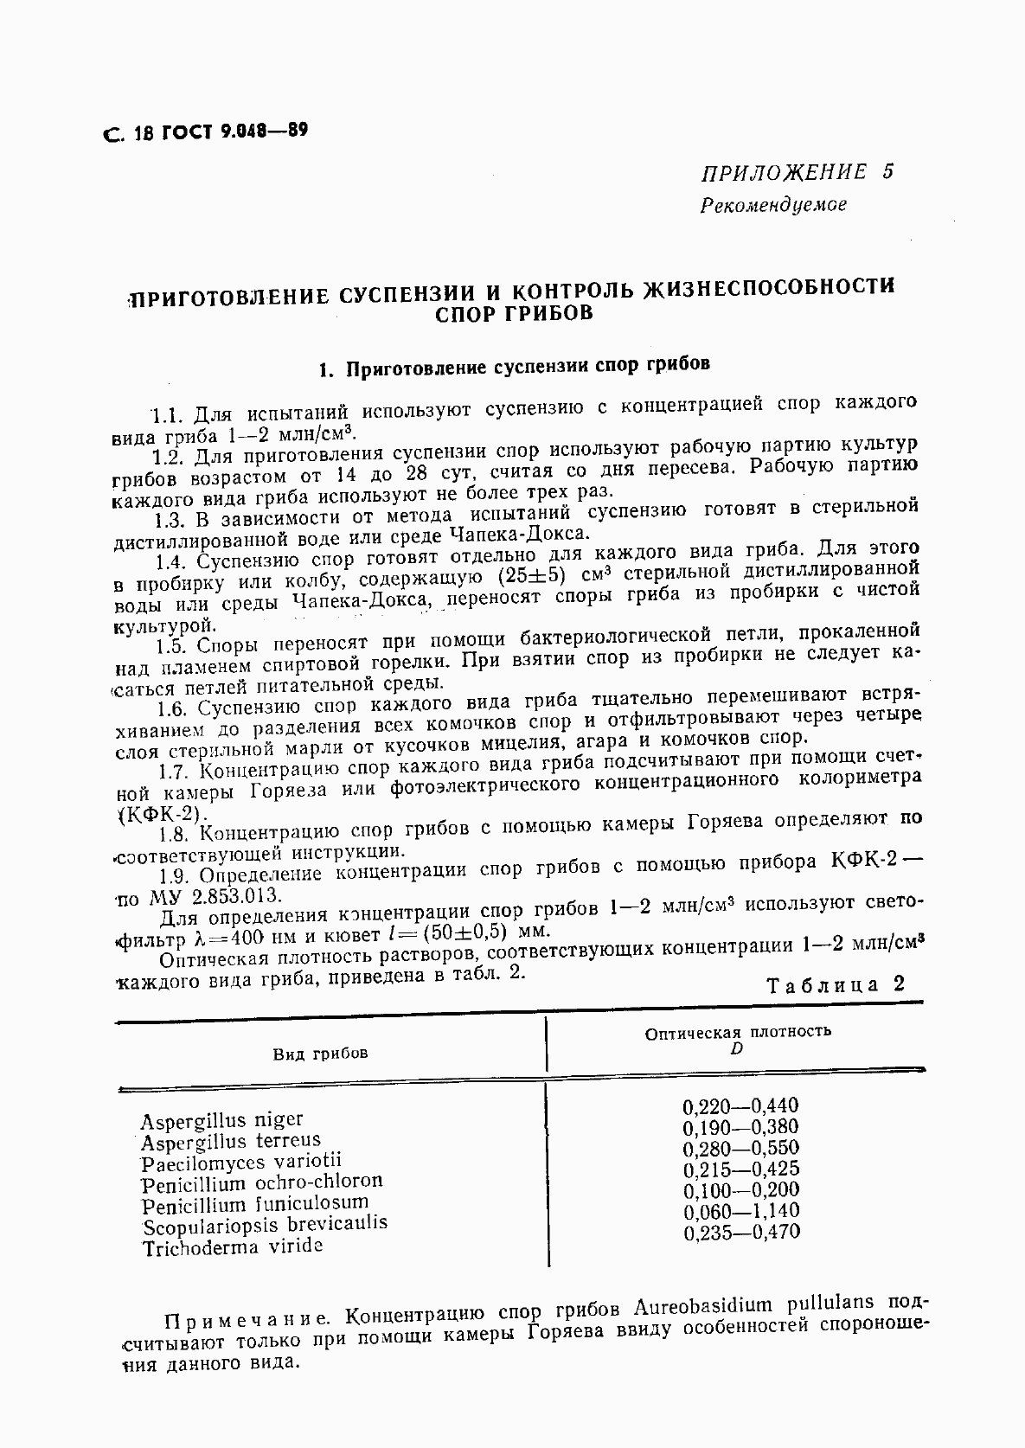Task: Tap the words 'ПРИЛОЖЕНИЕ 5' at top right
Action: [x=796, y=171]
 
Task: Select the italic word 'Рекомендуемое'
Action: [x=773, y=205]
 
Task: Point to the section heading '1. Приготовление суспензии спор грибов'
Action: [x=515, y=367]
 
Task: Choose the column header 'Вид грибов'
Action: [x=320, y=1053]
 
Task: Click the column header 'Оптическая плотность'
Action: [x=738, y=1031]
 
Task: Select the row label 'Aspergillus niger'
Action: [x=221, y=1122]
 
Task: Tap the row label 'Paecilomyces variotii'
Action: [x=242, y=1163]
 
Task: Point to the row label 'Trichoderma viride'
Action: [x=233, y=1247]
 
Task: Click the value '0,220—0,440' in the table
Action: [x=740, y=1106]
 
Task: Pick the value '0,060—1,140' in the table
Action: [x=740, y=1211]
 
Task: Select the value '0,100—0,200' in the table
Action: [x=740, y=1190]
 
